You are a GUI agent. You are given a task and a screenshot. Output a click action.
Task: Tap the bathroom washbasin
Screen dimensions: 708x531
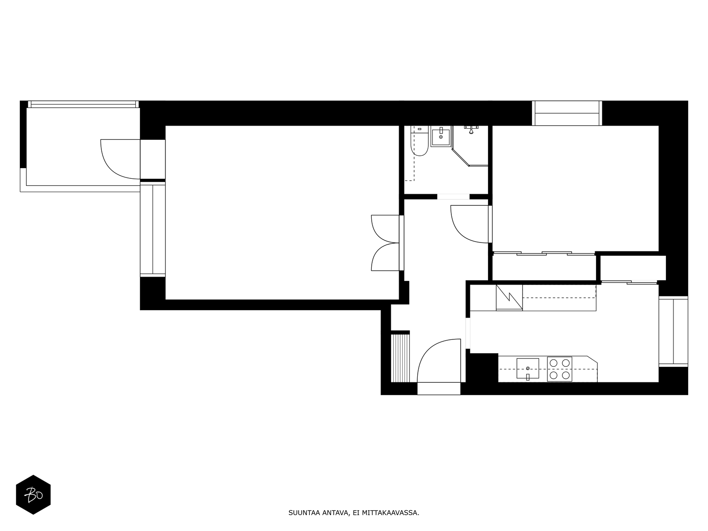coord(441,136)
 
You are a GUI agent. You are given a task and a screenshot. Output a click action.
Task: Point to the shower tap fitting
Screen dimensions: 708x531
coord(471,129)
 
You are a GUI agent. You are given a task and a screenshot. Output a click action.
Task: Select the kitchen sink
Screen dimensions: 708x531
coord(528,368)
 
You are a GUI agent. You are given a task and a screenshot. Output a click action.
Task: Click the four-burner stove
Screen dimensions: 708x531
coord(560,369)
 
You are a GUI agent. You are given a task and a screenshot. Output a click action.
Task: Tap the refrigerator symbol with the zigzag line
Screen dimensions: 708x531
coord(509,298)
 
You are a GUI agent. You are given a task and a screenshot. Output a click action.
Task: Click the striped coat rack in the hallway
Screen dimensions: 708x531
coord(400,358)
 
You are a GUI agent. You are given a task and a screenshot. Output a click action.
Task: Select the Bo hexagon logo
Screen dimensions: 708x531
coord(33,495)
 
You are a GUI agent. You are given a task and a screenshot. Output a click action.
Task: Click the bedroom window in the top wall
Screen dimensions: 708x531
coord(567,113)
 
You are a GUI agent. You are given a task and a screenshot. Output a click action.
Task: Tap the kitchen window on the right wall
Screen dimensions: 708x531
coord(673,331)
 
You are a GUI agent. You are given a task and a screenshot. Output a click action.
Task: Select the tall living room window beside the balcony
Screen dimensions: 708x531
coord(153,229)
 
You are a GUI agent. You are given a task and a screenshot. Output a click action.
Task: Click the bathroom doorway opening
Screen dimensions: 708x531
coord(453,196)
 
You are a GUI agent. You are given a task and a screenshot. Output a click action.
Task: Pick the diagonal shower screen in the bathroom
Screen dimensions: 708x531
coord(461,158)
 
